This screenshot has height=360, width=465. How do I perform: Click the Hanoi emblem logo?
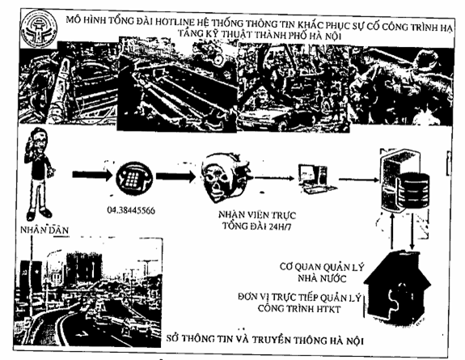[39, 29]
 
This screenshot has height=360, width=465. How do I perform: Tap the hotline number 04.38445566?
[131, 210]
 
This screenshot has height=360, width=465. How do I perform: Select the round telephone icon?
[134, 178]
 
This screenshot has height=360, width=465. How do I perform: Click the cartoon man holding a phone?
[39, 174]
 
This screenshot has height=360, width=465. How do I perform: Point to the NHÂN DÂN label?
[44, 230]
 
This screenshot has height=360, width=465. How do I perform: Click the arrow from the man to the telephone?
[92, 175]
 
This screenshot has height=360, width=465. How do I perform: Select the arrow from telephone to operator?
[175, 176]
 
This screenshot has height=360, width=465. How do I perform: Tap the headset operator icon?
[226, 177]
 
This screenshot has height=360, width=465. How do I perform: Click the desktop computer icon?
[316, 179]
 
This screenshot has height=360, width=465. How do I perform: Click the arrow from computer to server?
[359, 180]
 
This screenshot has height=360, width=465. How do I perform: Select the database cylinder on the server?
[414, 189]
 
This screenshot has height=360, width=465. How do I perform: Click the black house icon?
[397, 287]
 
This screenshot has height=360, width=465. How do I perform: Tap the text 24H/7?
[280, 227]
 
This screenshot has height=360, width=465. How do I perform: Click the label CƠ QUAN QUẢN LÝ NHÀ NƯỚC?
[322, 273]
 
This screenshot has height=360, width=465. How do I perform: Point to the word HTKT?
[328, 309]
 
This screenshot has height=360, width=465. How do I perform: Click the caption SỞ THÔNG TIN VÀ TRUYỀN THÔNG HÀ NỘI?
[264, 339]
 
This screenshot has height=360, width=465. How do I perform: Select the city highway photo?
[88, 292]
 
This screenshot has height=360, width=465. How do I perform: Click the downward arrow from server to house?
[412, 231]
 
